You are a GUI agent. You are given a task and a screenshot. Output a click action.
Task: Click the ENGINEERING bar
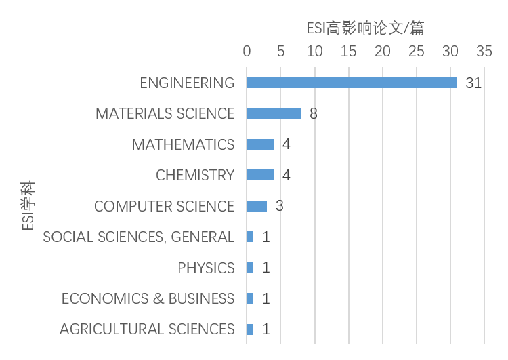(352, 83)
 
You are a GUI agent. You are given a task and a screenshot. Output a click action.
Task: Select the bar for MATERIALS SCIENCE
(274, 114)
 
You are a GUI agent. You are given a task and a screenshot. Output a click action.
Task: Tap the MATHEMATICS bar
(260, 144)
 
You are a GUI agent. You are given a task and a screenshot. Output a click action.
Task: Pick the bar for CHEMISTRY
(260, 175)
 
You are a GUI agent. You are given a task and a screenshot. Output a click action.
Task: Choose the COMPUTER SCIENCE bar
(257, 206)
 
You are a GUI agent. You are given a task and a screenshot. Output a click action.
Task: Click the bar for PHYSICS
(250, 268)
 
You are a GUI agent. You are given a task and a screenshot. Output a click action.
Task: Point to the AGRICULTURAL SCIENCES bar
(250, 329)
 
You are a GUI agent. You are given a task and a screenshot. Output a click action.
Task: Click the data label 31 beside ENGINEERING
(473, 83)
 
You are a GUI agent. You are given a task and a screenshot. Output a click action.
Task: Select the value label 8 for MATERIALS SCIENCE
(313, 114)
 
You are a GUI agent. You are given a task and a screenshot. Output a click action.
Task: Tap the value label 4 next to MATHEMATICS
(286, 144)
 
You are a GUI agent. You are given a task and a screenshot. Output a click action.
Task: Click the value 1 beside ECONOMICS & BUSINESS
(266, 298)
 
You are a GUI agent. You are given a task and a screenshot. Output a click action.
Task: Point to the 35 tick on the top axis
(484, 52)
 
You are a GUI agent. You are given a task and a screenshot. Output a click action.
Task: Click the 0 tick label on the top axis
(247, 52)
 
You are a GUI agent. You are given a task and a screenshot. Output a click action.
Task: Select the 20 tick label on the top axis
(383, 52)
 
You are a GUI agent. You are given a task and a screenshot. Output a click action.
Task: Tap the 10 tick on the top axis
(314, 52)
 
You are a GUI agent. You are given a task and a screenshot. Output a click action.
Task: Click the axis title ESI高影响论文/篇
(365, 28)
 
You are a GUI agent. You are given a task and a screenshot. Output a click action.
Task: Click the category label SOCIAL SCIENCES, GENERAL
(138, 237)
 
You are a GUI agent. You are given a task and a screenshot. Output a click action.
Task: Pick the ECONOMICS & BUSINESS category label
(148, 298)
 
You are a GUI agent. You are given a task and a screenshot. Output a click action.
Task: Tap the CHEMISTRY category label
(195, 175)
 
